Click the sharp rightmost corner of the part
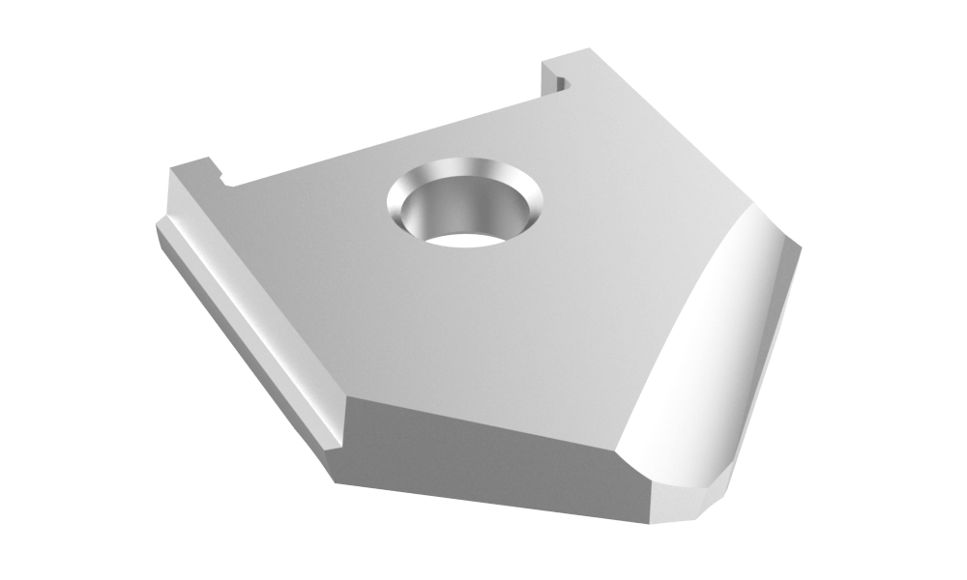point(802,249)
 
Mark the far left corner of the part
point(157,227)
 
